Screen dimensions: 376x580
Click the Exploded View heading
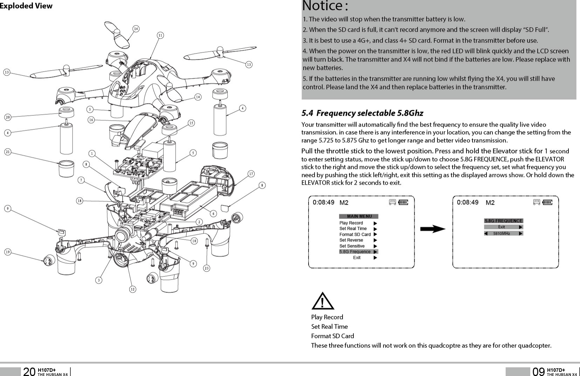[26, 6]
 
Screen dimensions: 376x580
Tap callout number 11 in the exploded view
[160, 35]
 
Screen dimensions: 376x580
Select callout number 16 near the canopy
[91, 120]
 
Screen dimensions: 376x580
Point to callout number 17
[251, 174]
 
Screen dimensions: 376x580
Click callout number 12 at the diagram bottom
[132, 289]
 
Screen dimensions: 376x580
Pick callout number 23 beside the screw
[207, 268]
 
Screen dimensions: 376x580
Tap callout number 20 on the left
[8, 117]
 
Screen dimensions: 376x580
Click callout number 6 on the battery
[213, 213]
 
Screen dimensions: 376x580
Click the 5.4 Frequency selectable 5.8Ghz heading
[362, 113]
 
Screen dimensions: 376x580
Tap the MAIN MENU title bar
[359, 216]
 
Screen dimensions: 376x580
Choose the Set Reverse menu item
[351, 240]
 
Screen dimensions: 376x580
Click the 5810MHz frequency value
[502, 233]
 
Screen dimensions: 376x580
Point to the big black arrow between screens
[433, 229]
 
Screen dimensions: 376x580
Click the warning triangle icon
[322, 301]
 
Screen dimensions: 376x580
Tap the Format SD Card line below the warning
[332, 336]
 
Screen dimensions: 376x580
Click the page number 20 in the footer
[29, 371]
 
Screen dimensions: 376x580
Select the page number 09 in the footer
[538, 371]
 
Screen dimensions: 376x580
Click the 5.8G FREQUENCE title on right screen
[504, 221]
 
